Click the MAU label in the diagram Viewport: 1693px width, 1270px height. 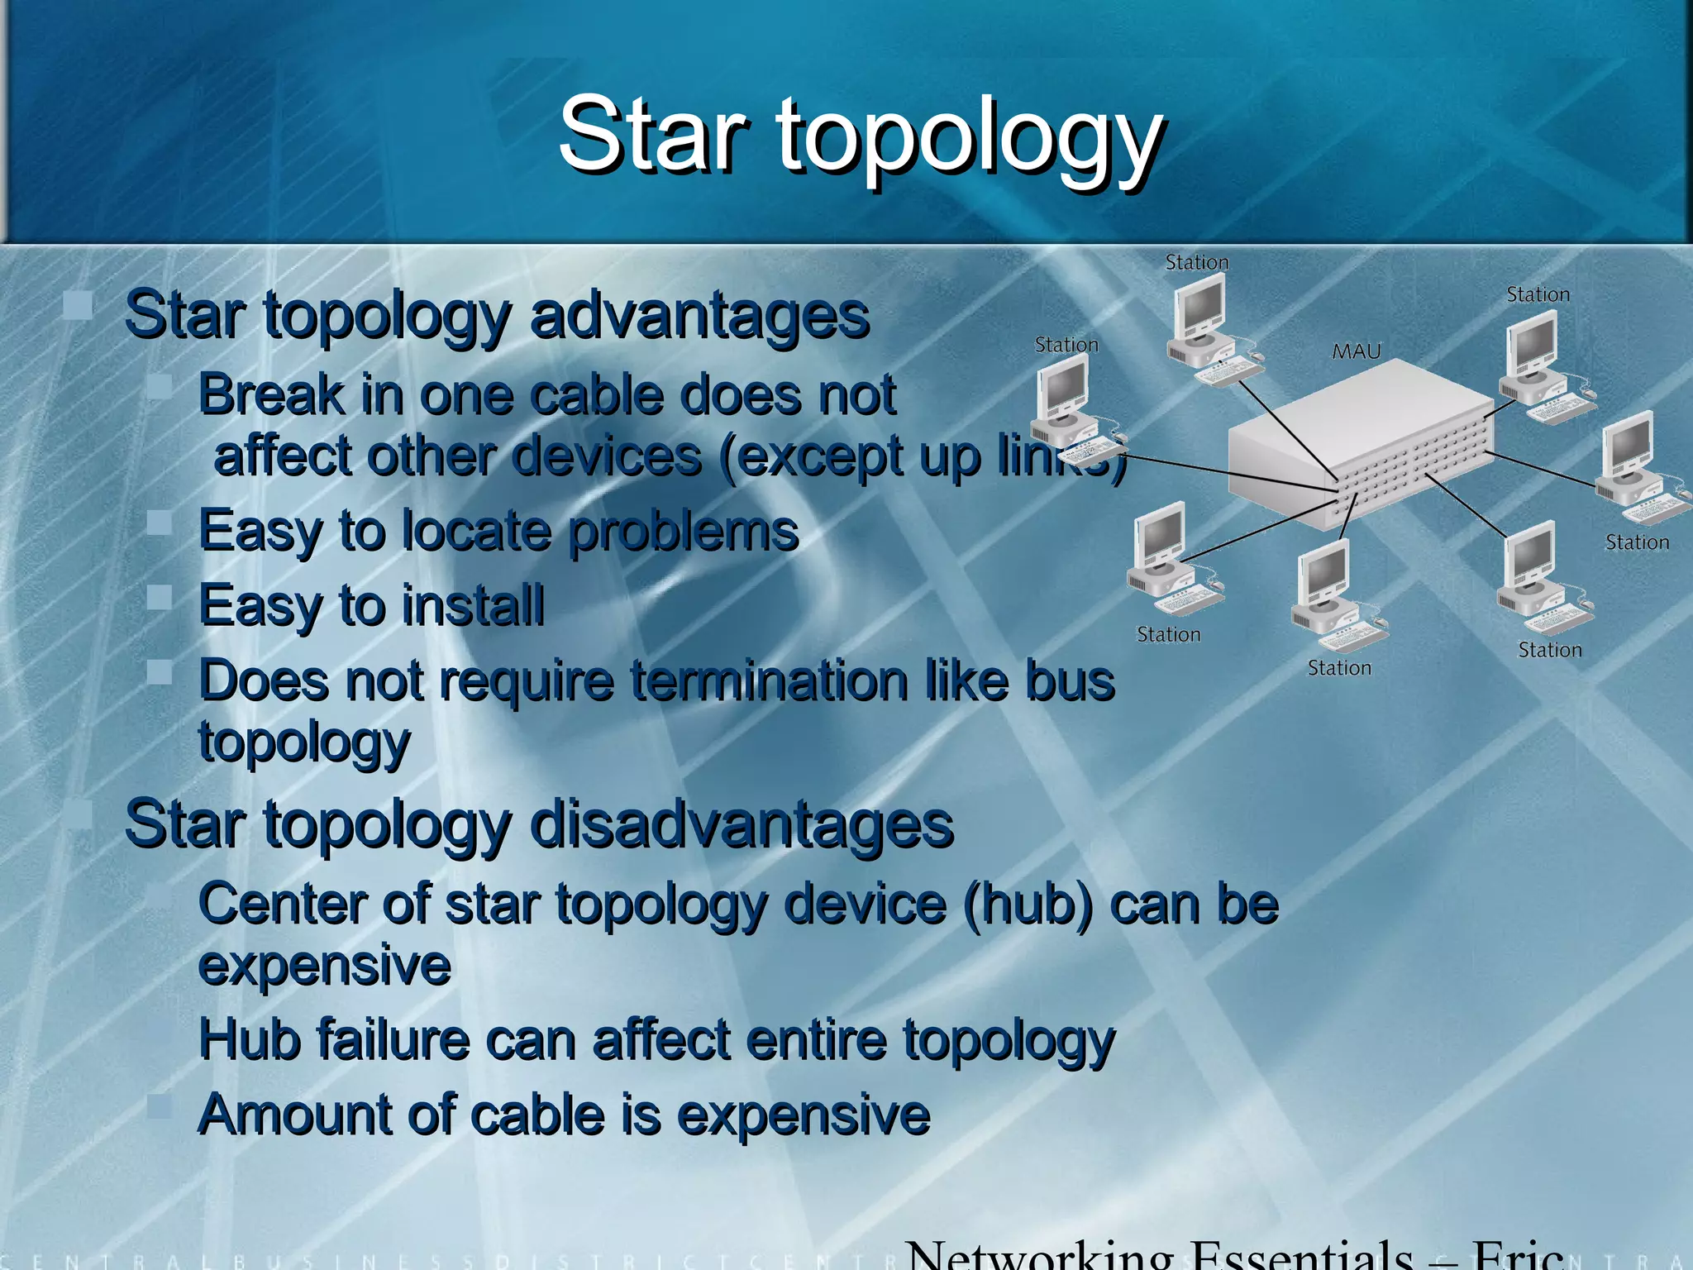(1356, 351)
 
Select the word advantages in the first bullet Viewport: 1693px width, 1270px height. (699, 317)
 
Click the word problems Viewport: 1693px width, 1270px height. (684, 532)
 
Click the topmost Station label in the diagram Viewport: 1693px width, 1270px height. (1196, 262)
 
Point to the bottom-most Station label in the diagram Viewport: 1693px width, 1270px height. (1338, 668)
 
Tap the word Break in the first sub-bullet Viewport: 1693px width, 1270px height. (271, 394)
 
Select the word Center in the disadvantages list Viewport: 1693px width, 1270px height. (281, 904)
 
